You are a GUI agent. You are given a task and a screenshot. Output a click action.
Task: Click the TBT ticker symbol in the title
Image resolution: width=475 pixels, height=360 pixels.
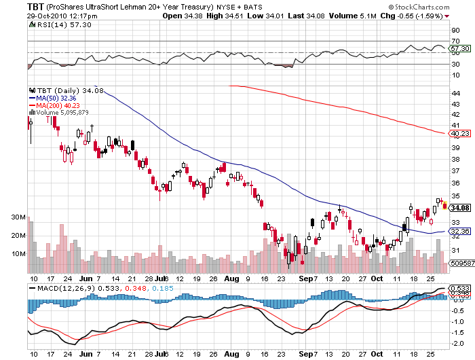[36, 5]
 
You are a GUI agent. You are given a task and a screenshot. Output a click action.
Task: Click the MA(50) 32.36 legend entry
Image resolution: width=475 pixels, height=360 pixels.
[56, 98]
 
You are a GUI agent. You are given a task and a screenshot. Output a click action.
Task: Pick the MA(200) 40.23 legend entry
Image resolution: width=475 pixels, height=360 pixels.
[57, 105]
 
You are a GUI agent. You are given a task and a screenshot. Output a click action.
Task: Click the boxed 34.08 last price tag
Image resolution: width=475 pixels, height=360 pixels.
[459, 208]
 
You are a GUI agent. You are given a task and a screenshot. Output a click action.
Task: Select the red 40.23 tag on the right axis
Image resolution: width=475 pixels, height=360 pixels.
[461, 134]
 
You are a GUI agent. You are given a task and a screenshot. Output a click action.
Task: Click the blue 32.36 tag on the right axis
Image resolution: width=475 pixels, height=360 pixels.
[461, 232]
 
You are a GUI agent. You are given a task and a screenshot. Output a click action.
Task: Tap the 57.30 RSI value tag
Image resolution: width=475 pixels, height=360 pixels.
[461, 49]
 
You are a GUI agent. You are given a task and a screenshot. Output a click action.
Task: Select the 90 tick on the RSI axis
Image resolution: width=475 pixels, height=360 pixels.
[455, 31]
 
